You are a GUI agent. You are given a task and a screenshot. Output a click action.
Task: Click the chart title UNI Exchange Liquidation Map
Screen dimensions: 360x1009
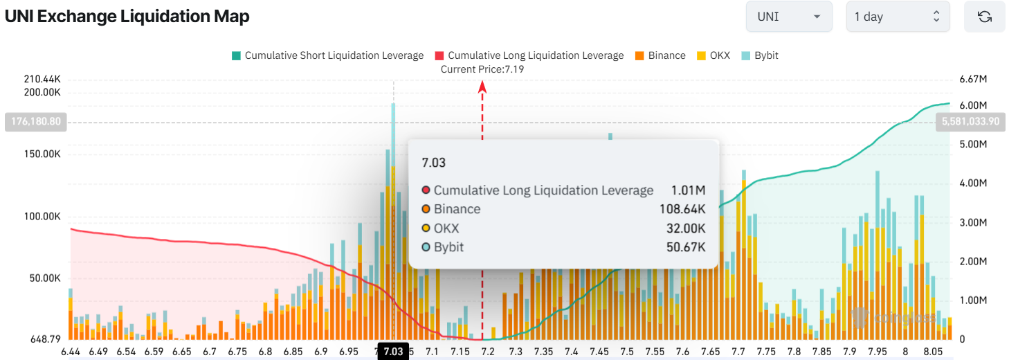click(x=127, y=17)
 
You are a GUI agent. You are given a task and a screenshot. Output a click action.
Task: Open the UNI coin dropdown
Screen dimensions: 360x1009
click(x=788, y=17)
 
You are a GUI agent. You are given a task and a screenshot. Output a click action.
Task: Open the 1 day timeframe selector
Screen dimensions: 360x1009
click(x=898, y=17)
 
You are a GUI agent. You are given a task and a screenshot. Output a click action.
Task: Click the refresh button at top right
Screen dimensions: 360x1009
click(x=984, y=17)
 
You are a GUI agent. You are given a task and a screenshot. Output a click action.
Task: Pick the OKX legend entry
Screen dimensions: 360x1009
click(x=713, y=55)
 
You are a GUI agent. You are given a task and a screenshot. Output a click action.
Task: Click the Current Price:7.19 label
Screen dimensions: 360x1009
click(x=482, y=69)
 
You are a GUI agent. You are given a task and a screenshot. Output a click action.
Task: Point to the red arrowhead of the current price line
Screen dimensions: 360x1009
click(x=482, y=86)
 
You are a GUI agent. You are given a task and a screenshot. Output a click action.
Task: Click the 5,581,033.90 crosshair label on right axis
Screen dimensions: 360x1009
click(x=970, y=122)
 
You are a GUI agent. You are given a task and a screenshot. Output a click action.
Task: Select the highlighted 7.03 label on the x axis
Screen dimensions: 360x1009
click(x=392, y=352)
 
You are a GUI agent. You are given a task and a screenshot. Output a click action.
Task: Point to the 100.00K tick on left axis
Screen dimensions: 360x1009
click(x=43, y=217)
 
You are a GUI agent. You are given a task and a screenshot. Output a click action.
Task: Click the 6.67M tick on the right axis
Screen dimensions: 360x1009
click(x=972, y=80)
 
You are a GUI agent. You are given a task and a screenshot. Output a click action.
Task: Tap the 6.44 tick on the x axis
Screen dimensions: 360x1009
click(x=71, y=352)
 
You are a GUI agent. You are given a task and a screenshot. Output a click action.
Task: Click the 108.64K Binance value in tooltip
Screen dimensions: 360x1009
click(x=682, y=209)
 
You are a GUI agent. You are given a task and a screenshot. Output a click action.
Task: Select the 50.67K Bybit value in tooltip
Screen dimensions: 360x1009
click(x=686, y=247)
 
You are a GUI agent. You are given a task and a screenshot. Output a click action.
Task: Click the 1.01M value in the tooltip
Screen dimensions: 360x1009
click(x=688, y=190)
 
